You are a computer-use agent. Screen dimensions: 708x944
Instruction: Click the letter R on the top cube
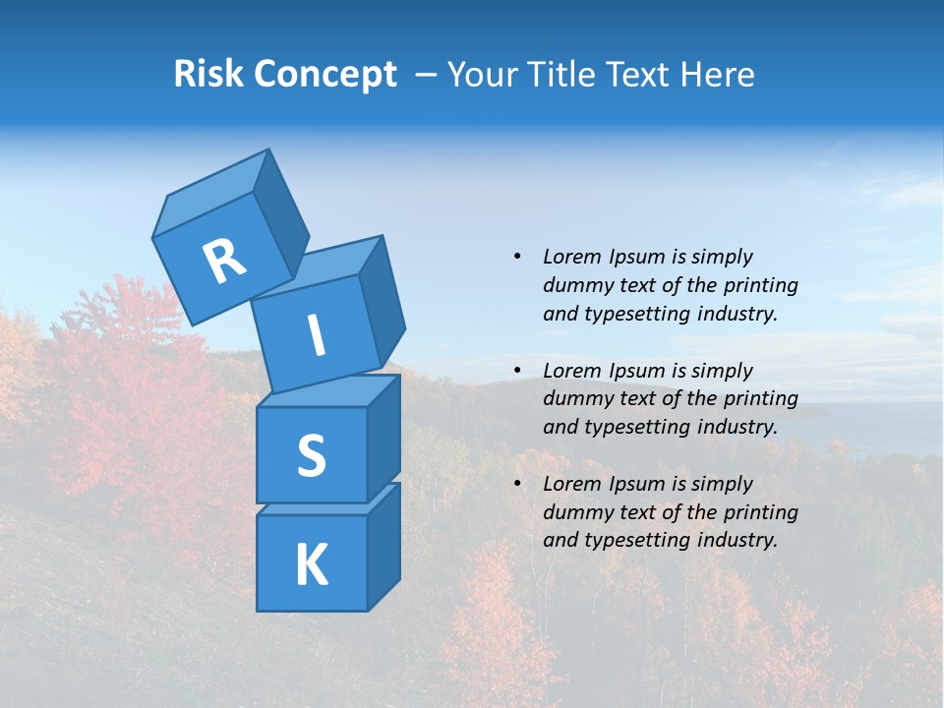coord(224,262)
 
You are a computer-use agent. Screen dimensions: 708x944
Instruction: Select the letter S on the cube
coord(311,455)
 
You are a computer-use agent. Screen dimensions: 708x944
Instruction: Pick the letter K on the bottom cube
coord(311,564)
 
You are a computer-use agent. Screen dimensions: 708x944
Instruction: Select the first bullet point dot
coord(517,257)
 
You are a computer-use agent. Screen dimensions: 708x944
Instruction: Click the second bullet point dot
coord(517,371)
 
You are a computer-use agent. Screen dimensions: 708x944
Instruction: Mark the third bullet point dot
coord(517,484)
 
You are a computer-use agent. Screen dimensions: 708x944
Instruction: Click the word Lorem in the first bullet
coord(571,257)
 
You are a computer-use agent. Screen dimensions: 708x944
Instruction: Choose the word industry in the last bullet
coord(737,540)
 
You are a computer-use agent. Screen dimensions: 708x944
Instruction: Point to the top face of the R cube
coord(211,202)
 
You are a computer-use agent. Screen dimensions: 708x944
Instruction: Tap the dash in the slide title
coord(426,75)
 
